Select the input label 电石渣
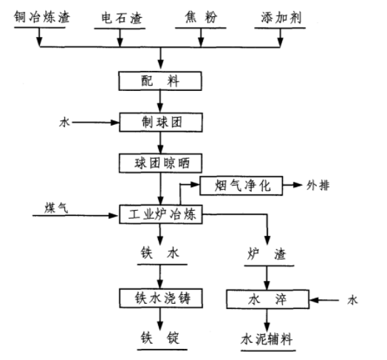pyautogui.click(x=120, y=17)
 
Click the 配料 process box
pyautogui.click(x=160, y=79)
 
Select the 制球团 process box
pyautogui.click(x=160, y=120)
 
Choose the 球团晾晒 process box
pyautogui.click(x=160, y=160)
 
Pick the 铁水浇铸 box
pyautogui.click(x=160, y=298)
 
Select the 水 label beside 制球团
pyautogui.click(x=64, y=120)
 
